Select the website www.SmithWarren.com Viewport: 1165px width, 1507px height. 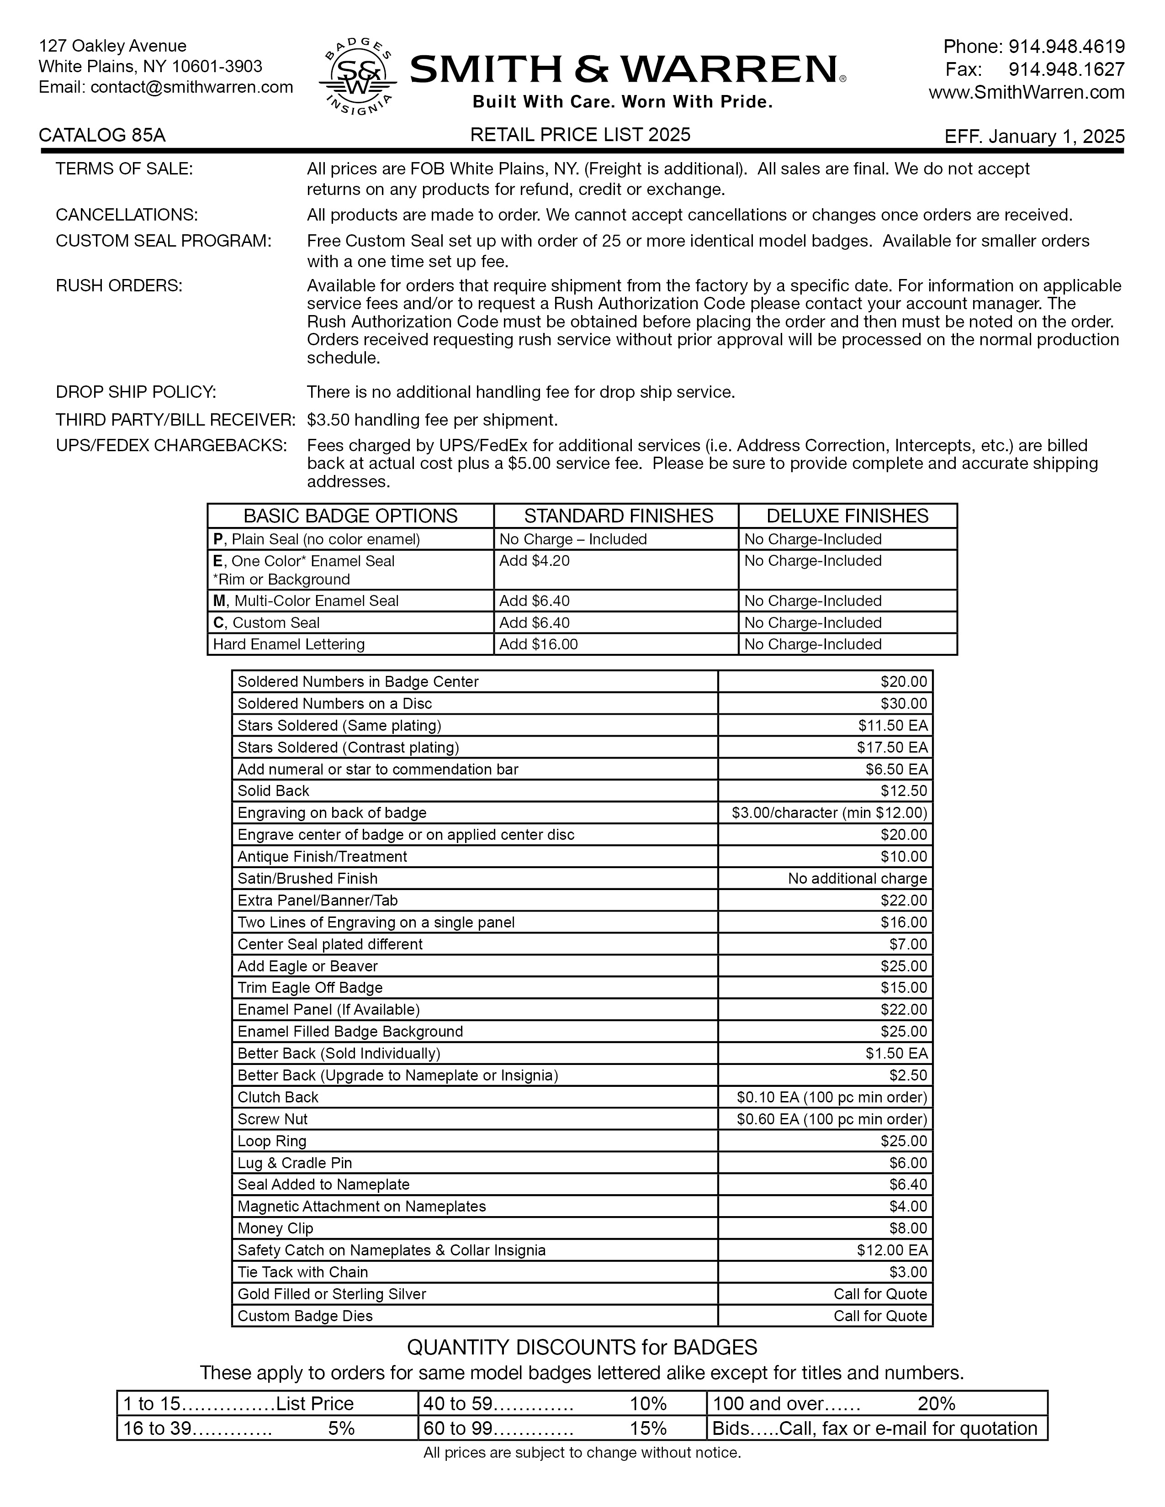pyautogui.click(x=1026, y=92)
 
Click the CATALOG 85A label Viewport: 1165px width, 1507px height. pyautogui.click(x=102, y=135)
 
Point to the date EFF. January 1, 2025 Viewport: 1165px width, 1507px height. pyautogui.click(x=1034, y=137)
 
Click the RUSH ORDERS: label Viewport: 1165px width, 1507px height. pyautogui.click(x=119, y=286)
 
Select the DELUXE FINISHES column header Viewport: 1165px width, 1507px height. pyautogui.click(x=847, y=516)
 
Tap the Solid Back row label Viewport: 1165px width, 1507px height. pyautogui.click(x=273, y=791)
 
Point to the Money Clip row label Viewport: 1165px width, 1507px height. pyautogui.click(x=275, y=1228)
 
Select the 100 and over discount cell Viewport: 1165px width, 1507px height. pyautogui.click(x=877, y=1404)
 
